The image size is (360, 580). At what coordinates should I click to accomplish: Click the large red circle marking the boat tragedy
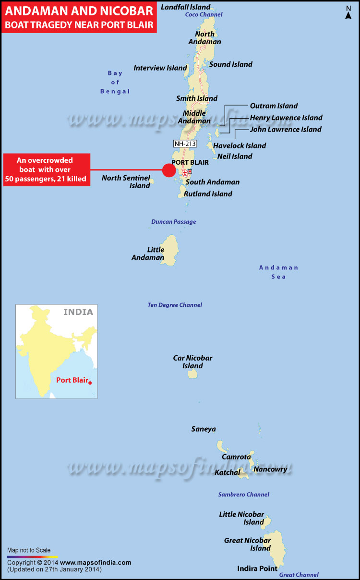[169, 170]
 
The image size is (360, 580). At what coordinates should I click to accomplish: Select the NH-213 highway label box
[186, 143]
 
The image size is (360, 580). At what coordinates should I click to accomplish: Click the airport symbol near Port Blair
[185, 172]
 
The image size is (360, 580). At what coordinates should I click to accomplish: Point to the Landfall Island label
[185, 7]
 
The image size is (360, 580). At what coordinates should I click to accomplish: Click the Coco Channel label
[204, 15]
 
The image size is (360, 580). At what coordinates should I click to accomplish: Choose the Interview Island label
[160, 68]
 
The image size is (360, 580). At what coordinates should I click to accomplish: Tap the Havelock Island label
[240, 145]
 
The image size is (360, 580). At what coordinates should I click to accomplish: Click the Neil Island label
[235, 157]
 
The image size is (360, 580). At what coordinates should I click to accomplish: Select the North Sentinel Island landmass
[152, 181]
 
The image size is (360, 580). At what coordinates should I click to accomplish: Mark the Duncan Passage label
[173, 222]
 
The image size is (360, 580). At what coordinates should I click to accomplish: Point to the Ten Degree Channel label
[175, 305]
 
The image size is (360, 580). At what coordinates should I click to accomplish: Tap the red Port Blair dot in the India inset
[90, 382]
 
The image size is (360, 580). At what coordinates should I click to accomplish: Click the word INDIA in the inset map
[78, 312]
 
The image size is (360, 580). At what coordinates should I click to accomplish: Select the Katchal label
[227, 472]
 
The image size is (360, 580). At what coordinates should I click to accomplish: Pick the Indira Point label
[257, 568]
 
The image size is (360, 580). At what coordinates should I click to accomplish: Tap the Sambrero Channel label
[243, 495]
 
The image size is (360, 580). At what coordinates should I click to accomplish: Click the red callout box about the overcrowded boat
[46, 170]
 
